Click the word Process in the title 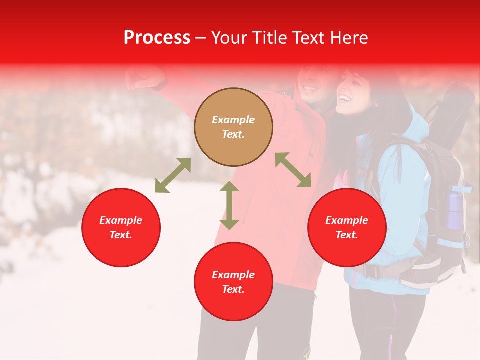pyautogui.click(x=157, y=38)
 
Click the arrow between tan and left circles pyautogui.click(x=173, y=175)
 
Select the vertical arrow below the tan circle pyautogui.click(x=229, y=205)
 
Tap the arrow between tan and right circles pyautogui.click(x=293, y=170)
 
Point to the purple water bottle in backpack pyautogui.click(x=454, y=210)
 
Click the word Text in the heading pyautogui.click(x=309, y=38)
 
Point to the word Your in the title pyautogui.click(x=229, y=38)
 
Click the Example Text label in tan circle pyautogui.click(x=233, y=127)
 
